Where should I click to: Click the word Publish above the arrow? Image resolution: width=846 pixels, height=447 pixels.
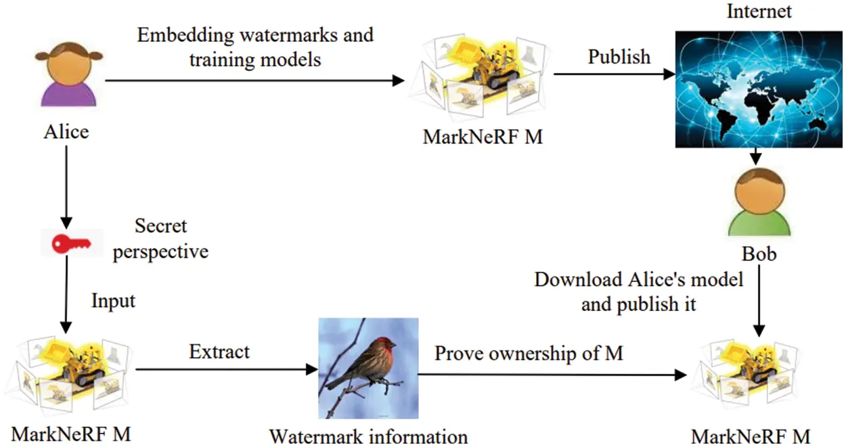coord(619,57)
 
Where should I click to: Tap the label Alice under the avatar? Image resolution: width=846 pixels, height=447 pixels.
coord(66,131)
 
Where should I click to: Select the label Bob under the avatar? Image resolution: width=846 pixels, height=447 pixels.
coord(758,254)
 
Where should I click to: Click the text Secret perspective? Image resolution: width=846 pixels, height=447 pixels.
coord(160,239)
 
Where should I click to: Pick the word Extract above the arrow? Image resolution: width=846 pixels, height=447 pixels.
coord(219,352)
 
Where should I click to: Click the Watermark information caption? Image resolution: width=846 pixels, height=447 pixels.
coord(368,436)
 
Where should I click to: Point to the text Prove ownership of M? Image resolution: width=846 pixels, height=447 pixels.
coord(529,353)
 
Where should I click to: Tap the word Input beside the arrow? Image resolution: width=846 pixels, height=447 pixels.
coord(114,300)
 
